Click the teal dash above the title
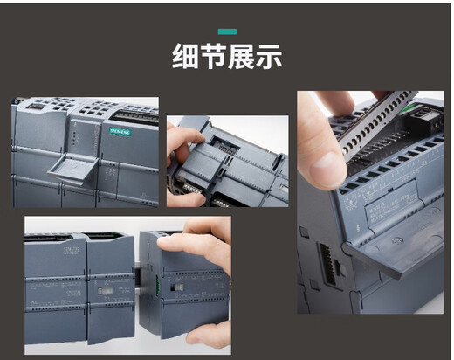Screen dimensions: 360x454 point(226,31)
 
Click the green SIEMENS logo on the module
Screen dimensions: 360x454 point(119,131)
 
